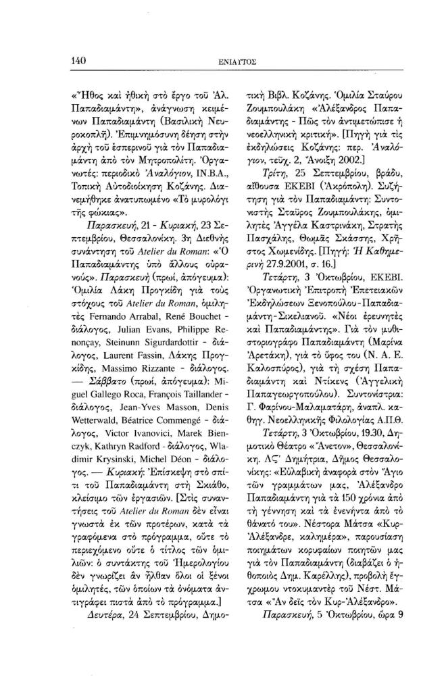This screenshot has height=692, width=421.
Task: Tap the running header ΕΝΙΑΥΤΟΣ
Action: coord(240,62)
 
